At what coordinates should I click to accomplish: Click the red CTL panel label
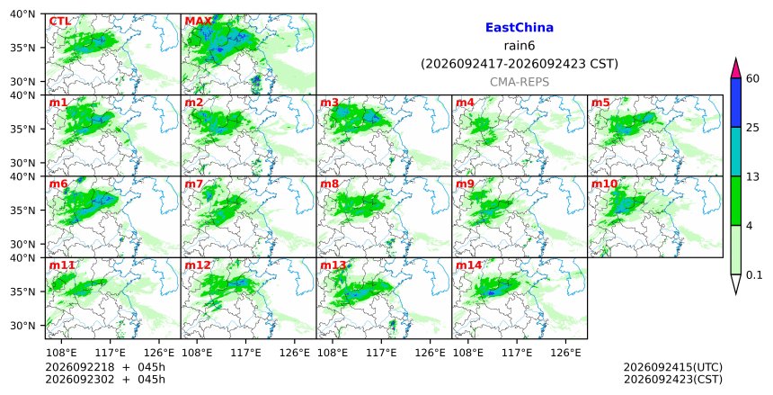tap(59, 22)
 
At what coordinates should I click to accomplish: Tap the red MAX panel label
tap(198, 22)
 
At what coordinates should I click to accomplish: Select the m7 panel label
tap(194, 184)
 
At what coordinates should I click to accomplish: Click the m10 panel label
tap(604, 184)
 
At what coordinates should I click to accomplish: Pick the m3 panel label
tap(329, 103)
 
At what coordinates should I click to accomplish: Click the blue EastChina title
tap(520, 28)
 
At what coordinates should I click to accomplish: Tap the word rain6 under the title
tap(520, 46)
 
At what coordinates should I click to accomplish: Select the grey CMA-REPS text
tap(520, 82)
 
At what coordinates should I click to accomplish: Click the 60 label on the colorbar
tap(752, 78)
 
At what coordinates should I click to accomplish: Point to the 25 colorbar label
tap(752, 128)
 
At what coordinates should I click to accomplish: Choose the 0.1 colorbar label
tap(754, 275)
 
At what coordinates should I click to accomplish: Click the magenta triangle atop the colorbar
tap(735, 69)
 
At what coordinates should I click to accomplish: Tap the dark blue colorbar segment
tap(735, 103)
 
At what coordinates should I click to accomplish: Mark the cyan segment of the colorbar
tap(735, 151)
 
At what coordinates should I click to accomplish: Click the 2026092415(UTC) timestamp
tap(673, 367)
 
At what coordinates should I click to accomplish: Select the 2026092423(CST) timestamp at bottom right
tap(673, 380)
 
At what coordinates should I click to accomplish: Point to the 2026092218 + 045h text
tap(105, 367)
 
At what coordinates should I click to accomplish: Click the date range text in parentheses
tap(520, 64)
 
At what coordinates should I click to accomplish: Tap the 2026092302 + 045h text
tap(105, 380)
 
